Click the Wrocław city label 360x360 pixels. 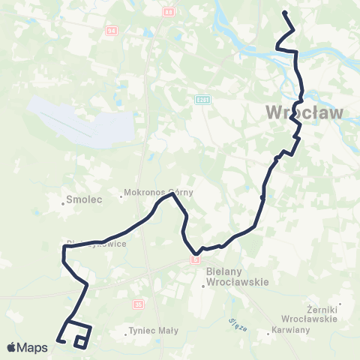(x=304, y=114)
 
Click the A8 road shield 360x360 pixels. (x=169, y=12)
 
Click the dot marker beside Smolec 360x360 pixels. (x=63, y=202)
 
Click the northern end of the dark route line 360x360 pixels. (x=284, y=13)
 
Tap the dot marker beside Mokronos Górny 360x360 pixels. (x=121, y=197)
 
